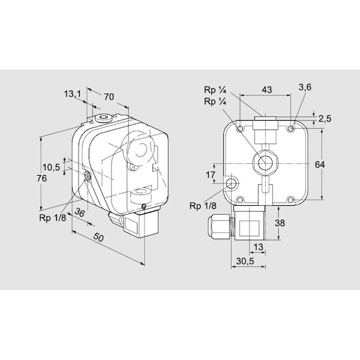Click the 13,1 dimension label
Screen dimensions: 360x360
(x=71, y=94)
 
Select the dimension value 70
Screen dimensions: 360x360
(x=109, y=96)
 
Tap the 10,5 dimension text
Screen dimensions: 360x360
(x=51, y=167)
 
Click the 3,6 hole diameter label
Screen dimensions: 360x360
(x=305, y=87)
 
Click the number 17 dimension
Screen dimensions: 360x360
(x=210, y=175)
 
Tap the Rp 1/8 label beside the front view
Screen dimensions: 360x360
(x=202, y=206)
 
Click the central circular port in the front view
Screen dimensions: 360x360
(x=264, y=161)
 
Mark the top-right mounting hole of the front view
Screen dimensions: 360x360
(x=291, y=128)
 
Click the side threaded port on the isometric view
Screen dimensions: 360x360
(x=86, y=176)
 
